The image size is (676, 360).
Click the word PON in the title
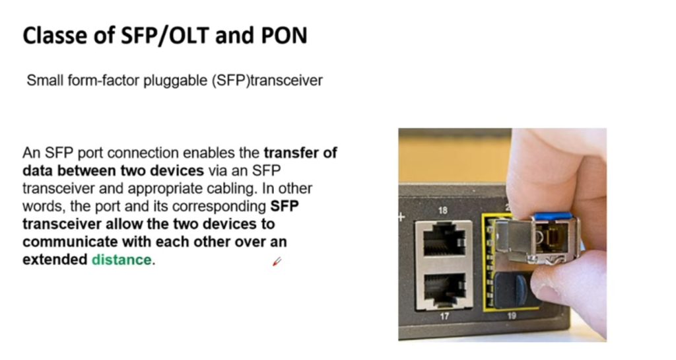[284, 36]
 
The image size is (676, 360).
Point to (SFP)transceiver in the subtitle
[267, 81]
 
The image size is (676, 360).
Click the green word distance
[121, 260]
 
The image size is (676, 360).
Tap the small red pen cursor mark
[277, 262]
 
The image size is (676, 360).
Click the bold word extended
[55, 260]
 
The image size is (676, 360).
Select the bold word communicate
[70, 242]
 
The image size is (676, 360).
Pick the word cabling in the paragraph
[233, 189]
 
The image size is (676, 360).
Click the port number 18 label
[443, 211]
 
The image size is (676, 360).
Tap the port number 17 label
[444, 316]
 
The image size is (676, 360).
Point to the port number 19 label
[512, 316]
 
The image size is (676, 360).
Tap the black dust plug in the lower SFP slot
[515, 289]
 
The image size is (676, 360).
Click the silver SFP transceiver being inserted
[537, 240]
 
